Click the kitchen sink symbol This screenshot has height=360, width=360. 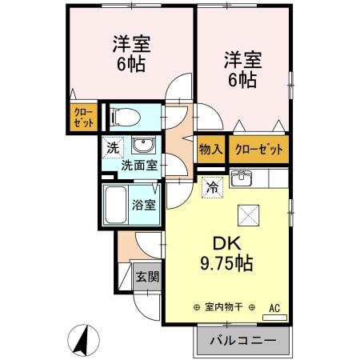pos(240,178)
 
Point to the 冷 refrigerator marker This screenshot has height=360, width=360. pos(212,188)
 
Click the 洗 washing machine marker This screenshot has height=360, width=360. pos(113,147)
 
